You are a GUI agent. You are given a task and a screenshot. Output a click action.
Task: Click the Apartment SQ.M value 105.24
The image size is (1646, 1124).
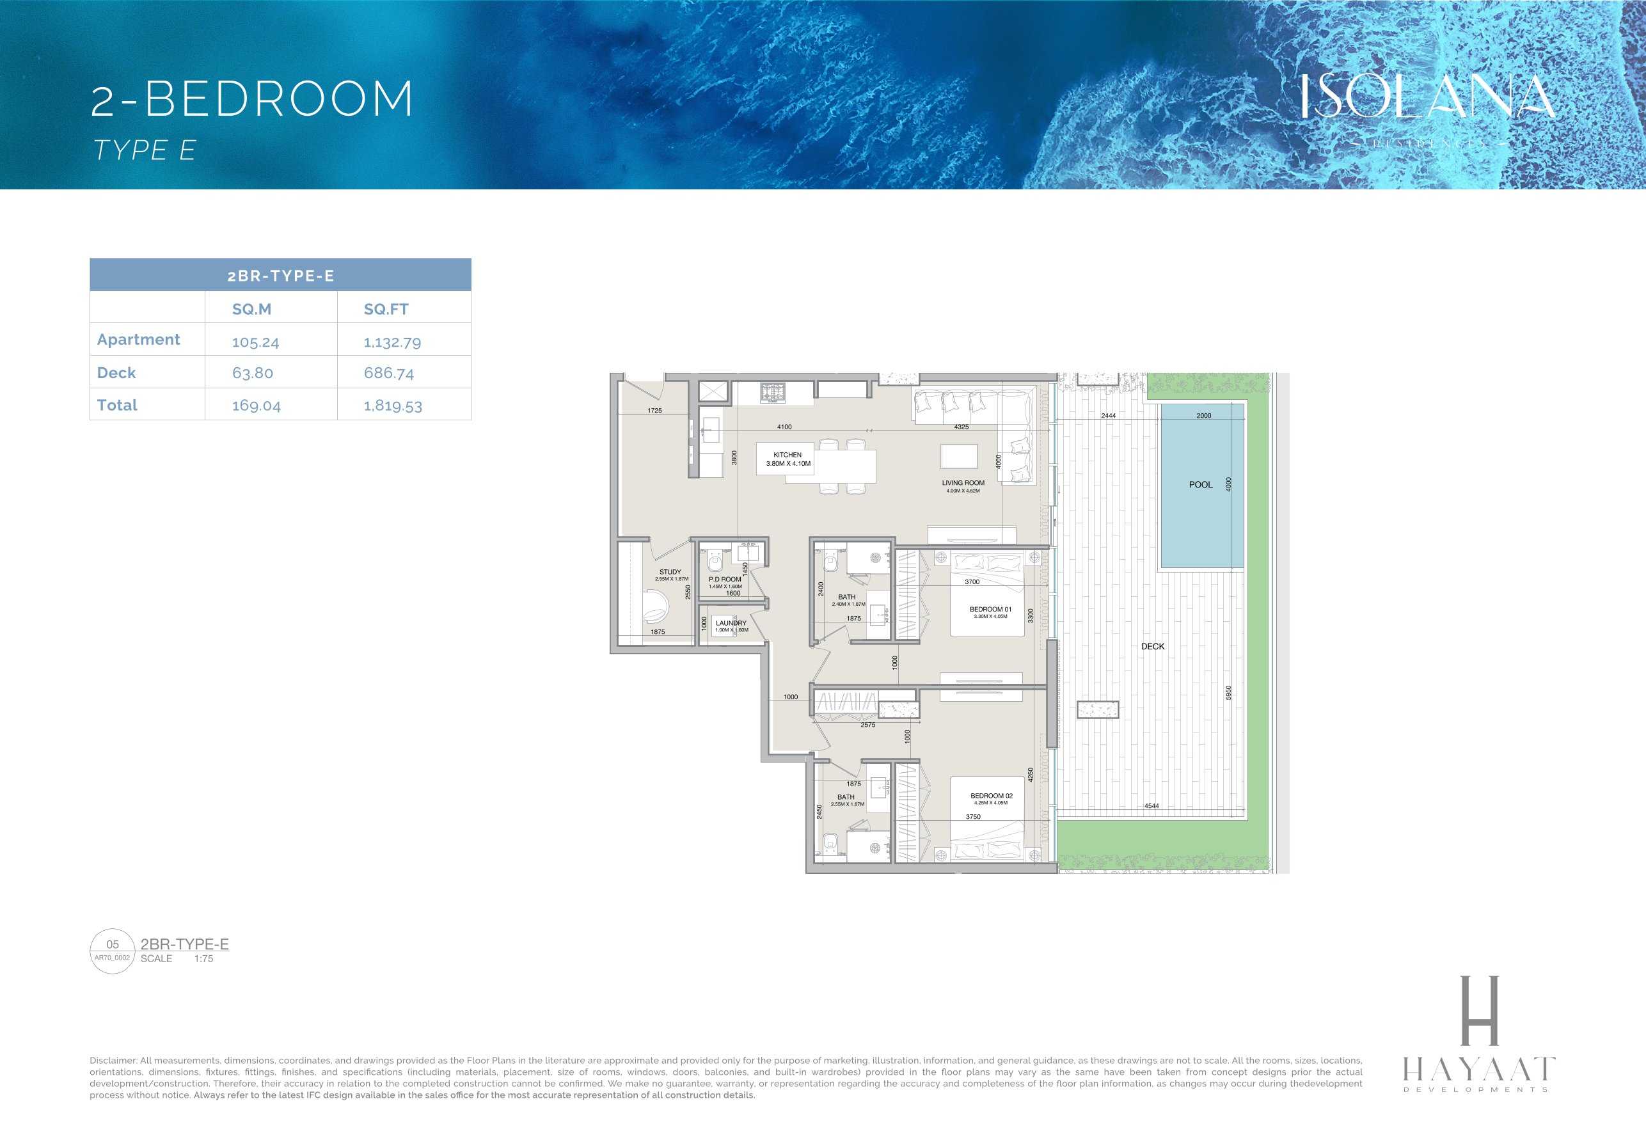coord(256,342)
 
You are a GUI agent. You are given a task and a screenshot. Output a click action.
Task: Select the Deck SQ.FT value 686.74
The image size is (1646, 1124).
coord(389,373)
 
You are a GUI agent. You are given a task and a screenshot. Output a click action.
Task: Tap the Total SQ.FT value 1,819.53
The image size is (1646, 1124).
coord(392,406)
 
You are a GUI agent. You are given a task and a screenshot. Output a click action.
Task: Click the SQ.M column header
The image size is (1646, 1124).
coord(251,310)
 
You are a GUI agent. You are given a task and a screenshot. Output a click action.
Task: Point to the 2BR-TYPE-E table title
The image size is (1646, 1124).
coord(280,276)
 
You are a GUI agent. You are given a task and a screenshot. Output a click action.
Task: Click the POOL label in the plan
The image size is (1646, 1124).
coord(1201,485)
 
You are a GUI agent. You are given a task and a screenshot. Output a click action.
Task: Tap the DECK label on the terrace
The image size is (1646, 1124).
coord(1152,647)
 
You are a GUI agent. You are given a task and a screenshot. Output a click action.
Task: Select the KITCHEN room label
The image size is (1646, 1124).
coord(787,455)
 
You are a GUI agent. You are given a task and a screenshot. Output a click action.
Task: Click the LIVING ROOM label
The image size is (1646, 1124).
coord(963,483)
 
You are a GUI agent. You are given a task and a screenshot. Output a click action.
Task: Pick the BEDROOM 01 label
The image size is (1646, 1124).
coord(990,610)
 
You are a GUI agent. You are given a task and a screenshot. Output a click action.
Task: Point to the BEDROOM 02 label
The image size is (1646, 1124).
coord(991,796)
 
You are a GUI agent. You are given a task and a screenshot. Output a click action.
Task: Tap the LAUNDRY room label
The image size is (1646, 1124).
coord(731,623)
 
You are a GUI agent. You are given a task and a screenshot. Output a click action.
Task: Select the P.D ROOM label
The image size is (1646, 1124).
coord(725,580)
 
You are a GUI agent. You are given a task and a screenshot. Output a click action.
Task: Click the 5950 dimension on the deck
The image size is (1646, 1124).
coord(1229,693)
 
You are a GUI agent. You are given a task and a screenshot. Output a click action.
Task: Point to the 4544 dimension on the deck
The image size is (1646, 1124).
coord(1151,806)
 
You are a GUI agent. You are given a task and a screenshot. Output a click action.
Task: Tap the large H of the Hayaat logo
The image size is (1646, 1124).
coord(1480,1011)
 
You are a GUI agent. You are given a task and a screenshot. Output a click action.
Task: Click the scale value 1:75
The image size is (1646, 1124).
coord(203,959)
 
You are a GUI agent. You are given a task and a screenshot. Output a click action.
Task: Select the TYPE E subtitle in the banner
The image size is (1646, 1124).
coord(145,151)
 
